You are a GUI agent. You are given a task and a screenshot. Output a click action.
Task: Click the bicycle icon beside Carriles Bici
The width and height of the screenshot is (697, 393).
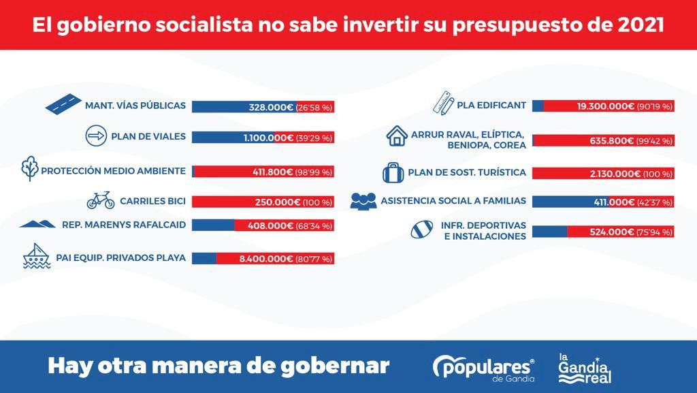coord(100,200)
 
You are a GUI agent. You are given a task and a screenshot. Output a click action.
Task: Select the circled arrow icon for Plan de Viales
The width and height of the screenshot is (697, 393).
coord(96,136)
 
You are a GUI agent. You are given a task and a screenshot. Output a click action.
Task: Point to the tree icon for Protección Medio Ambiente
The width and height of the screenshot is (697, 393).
coord(29,168)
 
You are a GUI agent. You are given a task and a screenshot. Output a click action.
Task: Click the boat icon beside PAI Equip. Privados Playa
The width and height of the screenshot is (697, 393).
coord(37,256)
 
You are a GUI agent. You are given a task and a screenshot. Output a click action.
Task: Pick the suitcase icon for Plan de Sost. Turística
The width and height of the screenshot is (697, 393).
coord(393,172)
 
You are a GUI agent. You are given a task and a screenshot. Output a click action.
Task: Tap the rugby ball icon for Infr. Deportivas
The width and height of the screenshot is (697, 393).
coord(422,230)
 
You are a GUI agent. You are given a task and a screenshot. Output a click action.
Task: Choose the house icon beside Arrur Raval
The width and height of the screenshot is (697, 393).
coord(396,136)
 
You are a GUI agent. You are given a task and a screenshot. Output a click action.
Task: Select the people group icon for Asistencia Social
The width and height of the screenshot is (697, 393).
coord(363,200)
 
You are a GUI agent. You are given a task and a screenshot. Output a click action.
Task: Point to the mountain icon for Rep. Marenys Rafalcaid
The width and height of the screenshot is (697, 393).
coord(37,223)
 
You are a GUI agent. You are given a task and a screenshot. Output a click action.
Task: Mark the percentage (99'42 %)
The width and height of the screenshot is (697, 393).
coord(655,141)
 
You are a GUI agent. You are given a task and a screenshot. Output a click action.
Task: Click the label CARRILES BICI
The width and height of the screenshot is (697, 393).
coord(152,201)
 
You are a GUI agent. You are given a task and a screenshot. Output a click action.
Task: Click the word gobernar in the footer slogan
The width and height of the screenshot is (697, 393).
coord(339,366)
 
